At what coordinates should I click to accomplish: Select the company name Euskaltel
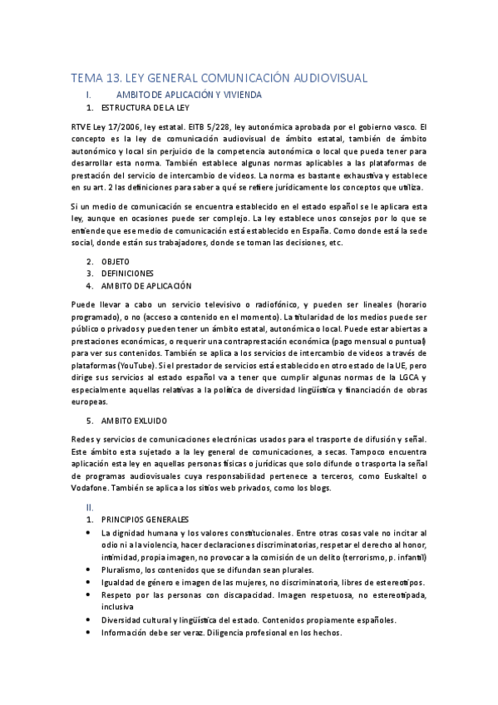[x=391, y=476]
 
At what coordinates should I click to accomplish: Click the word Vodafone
[x=91, y=488]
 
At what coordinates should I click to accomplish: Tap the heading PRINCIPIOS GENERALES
[x=145, y=519]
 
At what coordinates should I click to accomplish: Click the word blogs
[x=318, y=488]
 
